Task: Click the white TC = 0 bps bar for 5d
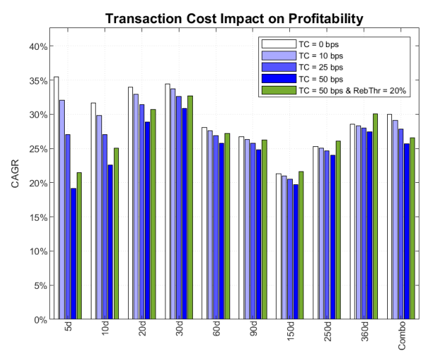[x=56, y=198]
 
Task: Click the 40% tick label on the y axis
[x=36, y=46]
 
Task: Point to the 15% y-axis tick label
[x=36, y=217]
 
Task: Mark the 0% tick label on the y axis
[x=39, y=320]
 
